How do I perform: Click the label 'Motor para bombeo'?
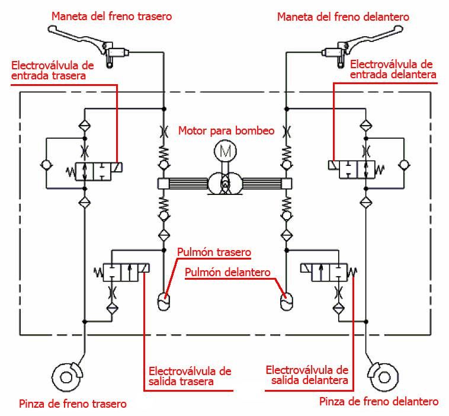pyautogui.click(x=226, y=130)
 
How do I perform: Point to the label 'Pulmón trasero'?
pyautogui.click(x=214, y=252)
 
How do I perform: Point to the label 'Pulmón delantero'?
pyautogui.click(x=227, y=273)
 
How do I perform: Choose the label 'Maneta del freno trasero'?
pyautogui.click(x=112, y=16)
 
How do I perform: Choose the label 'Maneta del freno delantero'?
pyautogui.click(x=343, y=16)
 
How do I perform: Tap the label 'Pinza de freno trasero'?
pyautogui.click(x=73, y=404)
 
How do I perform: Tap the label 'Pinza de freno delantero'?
pyautogui.click(x=379, y=402)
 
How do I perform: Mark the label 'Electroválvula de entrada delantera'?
pyautogui.click(x=393, y=69)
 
